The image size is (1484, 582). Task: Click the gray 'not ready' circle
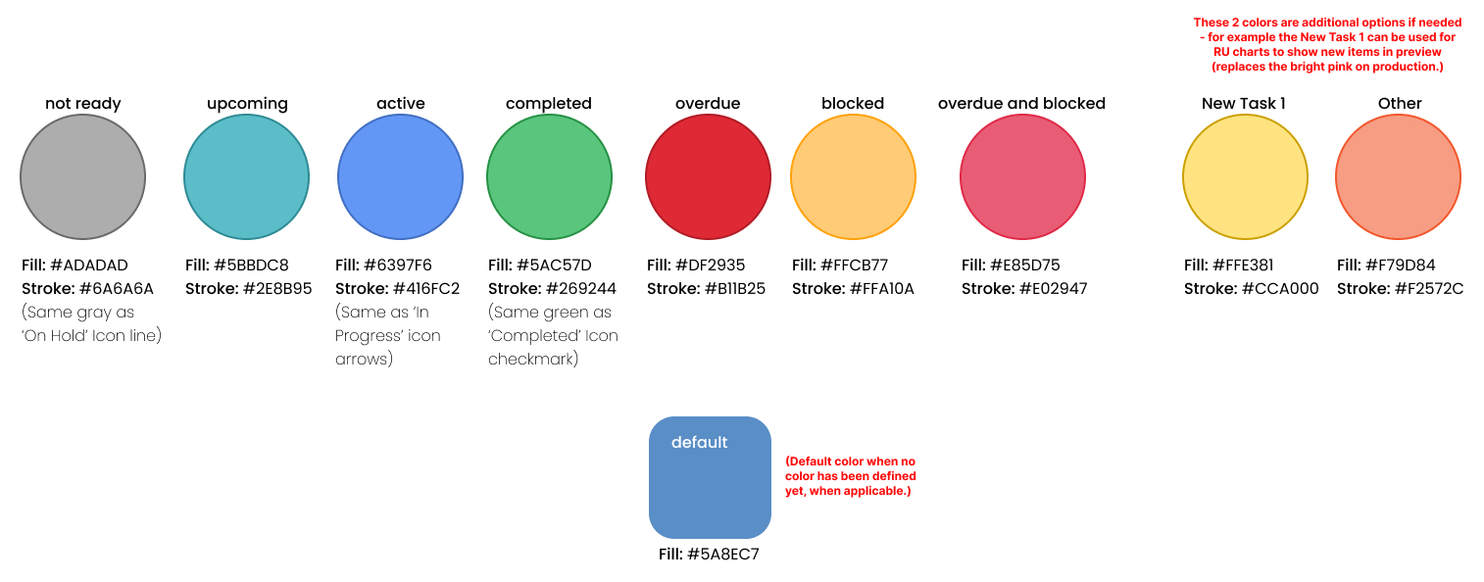(82, 177)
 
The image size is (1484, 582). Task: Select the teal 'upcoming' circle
(246, 177)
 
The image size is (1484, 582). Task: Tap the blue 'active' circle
(400, 177)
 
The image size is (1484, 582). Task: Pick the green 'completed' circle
(549, 177)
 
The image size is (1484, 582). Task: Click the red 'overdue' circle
(708, 177)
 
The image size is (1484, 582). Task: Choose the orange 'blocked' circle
(853, 177)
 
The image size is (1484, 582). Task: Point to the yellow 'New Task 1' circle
(1245, 177)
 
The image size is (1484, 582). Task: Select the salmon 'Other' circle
(1398, 177)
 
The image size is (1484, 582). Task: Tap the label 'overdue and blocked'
(1021, 104)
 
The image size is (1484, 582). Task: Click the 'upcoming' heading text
(247, 104)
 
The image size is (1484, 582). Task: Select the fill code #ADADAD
(89, 266)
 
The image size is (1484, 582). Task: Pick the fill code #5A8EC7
(723, 555)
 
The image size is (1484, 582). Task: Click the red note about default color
(851, 475)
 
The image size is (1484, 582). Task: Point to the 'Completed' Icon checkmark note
(553, 336)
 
